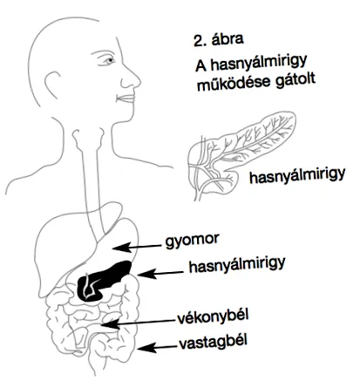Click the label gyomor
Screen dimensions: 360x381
[x=192, y=242]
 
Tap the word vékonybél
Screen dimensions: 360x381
[x=213, y=317]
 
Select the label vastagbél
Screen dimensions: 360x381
[x=213, y=342]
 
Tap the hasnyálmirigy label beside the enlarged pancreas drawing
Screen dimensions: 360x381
[x=297, y=176]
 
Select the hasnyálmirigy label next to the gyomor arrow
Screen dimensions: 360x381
[x=237, y=266]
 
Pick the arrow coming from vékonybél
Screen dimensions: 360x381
[x=139, y=323]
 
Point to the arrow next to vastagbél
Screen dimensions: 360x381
[x=157, y=347]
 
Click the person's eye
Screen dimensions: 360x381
[x=109, y=60]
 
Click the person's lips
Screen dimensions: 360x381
[x=126, y=99]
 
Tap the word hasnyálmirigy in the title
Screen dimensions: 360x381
[x=259, y=64]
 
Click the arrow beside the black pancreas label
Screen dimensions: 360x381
[x=160, y=274]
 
